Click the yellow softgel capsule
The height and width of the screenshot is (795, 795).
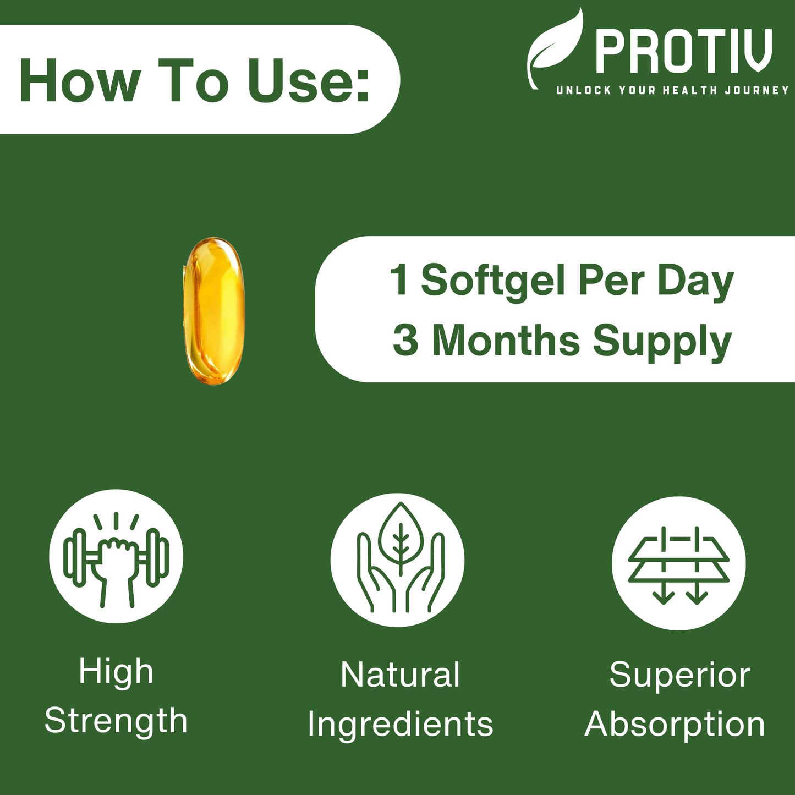[213, 311]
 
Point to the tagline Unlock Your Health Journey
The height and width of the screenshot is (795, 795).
[672, 90]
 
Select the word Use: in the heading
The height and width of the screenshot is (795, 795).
[308, 80]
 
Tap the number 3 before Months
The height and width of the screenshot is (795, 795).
[405, 341]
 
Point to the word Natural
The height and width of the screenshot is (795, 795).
[400, 675]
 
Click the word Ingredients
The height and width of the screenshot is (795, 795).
[400, 725]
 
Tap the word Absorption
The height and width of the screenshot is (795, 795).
[675, 725]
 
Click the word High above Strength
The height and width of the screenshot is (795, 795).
[116, 672]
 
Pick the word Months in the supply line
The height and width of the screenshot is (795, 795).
[506, 341]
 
